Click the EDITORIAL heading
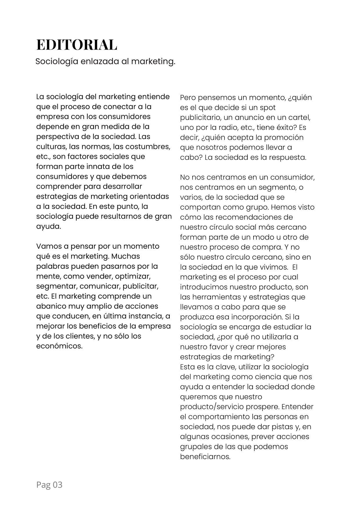coord(77,45)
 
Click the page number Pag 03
coord(49,485)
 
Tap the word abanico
coord(51,306)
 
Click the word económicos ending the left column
coord(59,346)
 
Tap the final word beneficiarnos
coord(205,457)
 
